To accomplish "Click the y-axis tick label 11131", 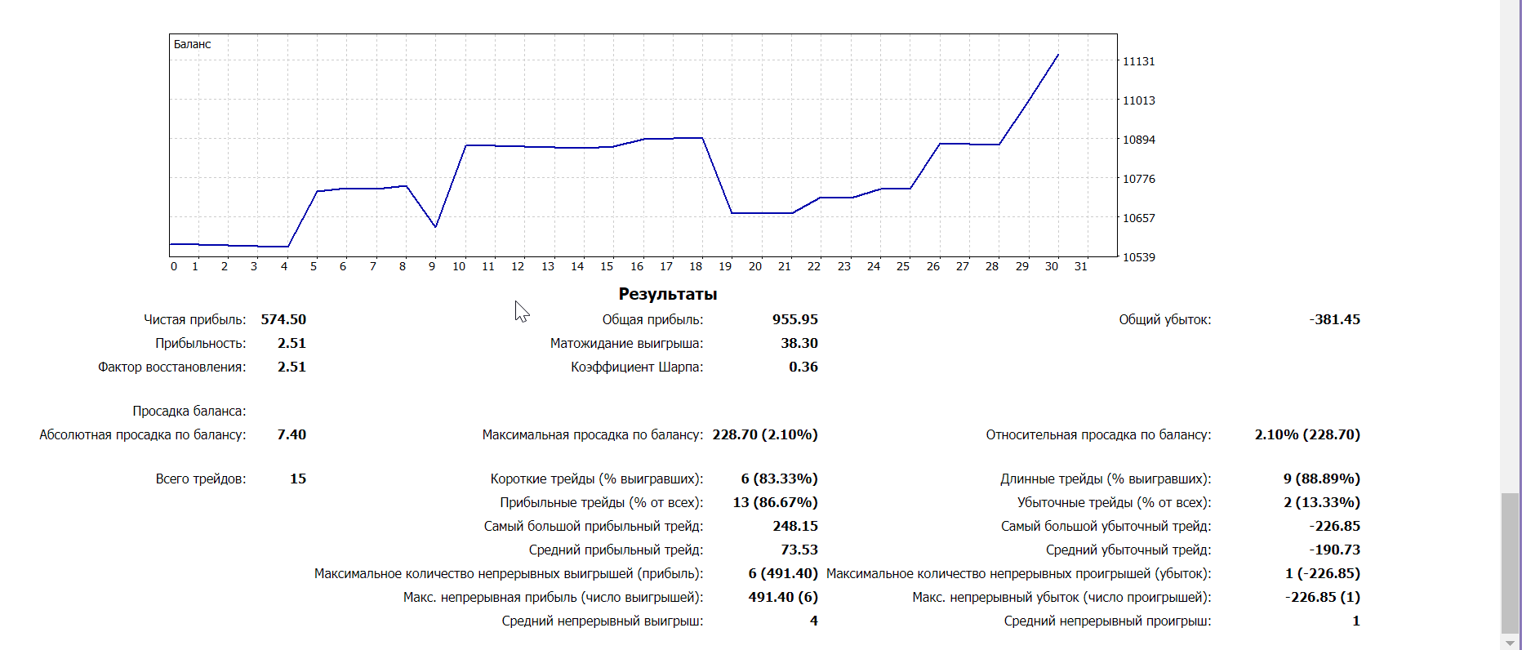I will (x=1138, y=61).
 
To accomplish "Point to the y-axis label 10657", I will (x=1138, y=218).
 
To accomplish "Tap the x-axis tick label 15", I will (x=607, y=266).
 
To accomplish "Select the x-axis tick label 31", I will (x=1080, y=266).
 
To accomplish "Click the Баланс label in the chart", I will (x=192, y=44).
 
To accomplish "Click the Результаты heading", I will (x=667, y=294).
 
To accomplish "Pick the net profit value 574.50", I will (x=283, y=319).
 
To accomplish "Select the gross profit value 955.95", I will (x=794, y=319).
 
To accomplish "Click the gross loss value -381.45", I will (x=1334, y=319).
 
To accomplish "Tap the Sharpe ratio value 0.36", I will (x=803, y=367).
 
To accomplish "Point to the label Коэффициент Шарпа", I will (x=637, y=367).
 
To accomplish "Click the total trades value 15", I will (x=298, y=479).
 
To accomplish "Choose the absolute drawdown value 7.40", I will (x=291, y=434).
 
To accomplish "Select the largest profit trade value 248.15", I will (x=794, y=526).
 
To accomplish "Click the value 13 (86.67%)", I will (x=775, y=502).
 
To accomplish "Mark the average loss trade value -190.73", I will (x=1334, y=550).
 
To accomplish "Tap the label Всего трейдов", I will (x=200, y=479).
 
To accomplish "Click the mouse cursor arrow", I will (x=521, y=310).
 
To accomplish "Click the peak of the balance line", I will (x=1058, y=55).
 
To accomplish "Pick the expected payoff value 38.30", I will (x=799, y=343).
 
